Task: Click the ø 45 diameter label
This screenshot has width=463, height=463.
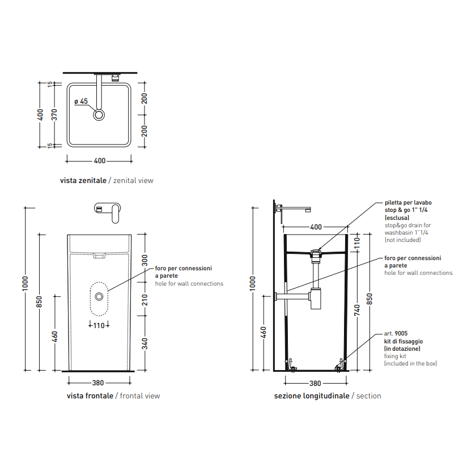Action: click(81, 101)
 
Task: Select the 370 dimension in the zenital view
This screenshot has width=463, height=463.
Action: click(54, 115)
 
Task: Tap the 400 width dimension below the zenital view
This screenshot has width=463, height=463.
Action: click(100, 160)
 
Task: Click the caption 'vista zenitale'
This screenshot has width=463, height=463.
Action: click(83, 180)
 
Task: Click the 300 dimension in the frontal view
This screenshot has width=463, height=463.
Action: click(145, 260)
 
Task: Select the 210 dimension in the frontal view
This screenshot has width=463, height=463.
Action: click(145, 300)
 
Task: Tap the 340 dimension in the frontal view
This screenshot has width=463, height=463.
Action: click(145, 343)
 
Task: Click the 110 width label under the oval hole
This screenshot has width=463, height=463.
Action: click(99, 325)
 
